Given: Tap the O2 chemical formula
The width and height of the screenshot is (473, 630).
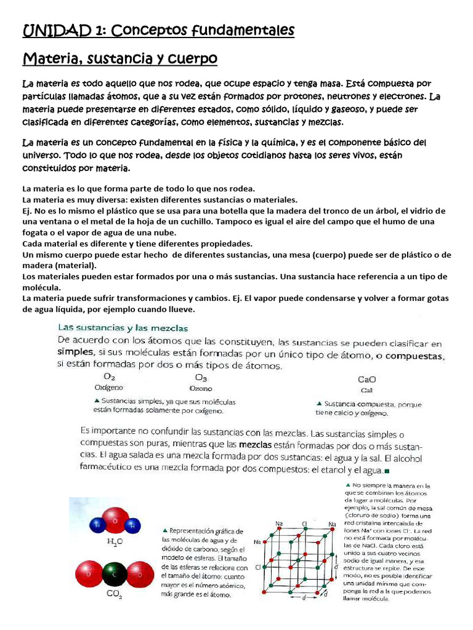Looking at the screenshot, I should click(108, 377).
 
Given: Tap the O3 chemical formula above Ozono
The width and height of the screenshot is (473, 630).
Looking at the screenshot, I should click(201, 377).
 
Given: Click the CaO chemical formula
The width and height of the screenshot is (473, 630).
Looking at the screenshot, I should click(367, 380).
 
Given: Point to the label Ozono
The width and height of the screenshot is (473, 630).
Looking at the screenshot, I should click(201, 389).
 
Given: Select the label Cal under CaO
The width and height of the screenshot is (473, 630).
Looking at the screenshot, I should click(366, 390).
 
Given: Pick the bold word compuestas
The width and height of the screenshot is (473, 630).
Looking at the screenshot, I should click(410, 356).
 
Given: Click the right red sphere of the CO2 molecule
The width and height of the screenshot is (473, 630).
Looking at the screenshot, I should click(139, 573).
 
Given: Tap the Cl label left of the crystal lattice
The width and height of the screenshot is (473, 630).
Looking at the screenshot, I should click(258, 567).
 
